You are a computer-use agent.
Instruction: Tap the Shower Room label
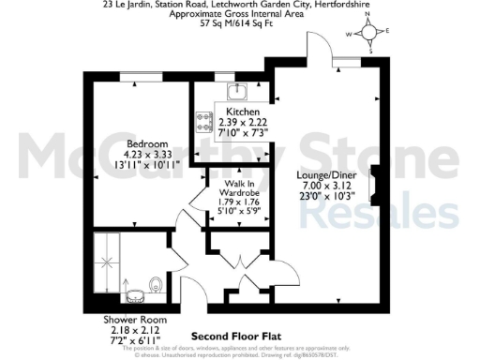pos(128,320)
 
